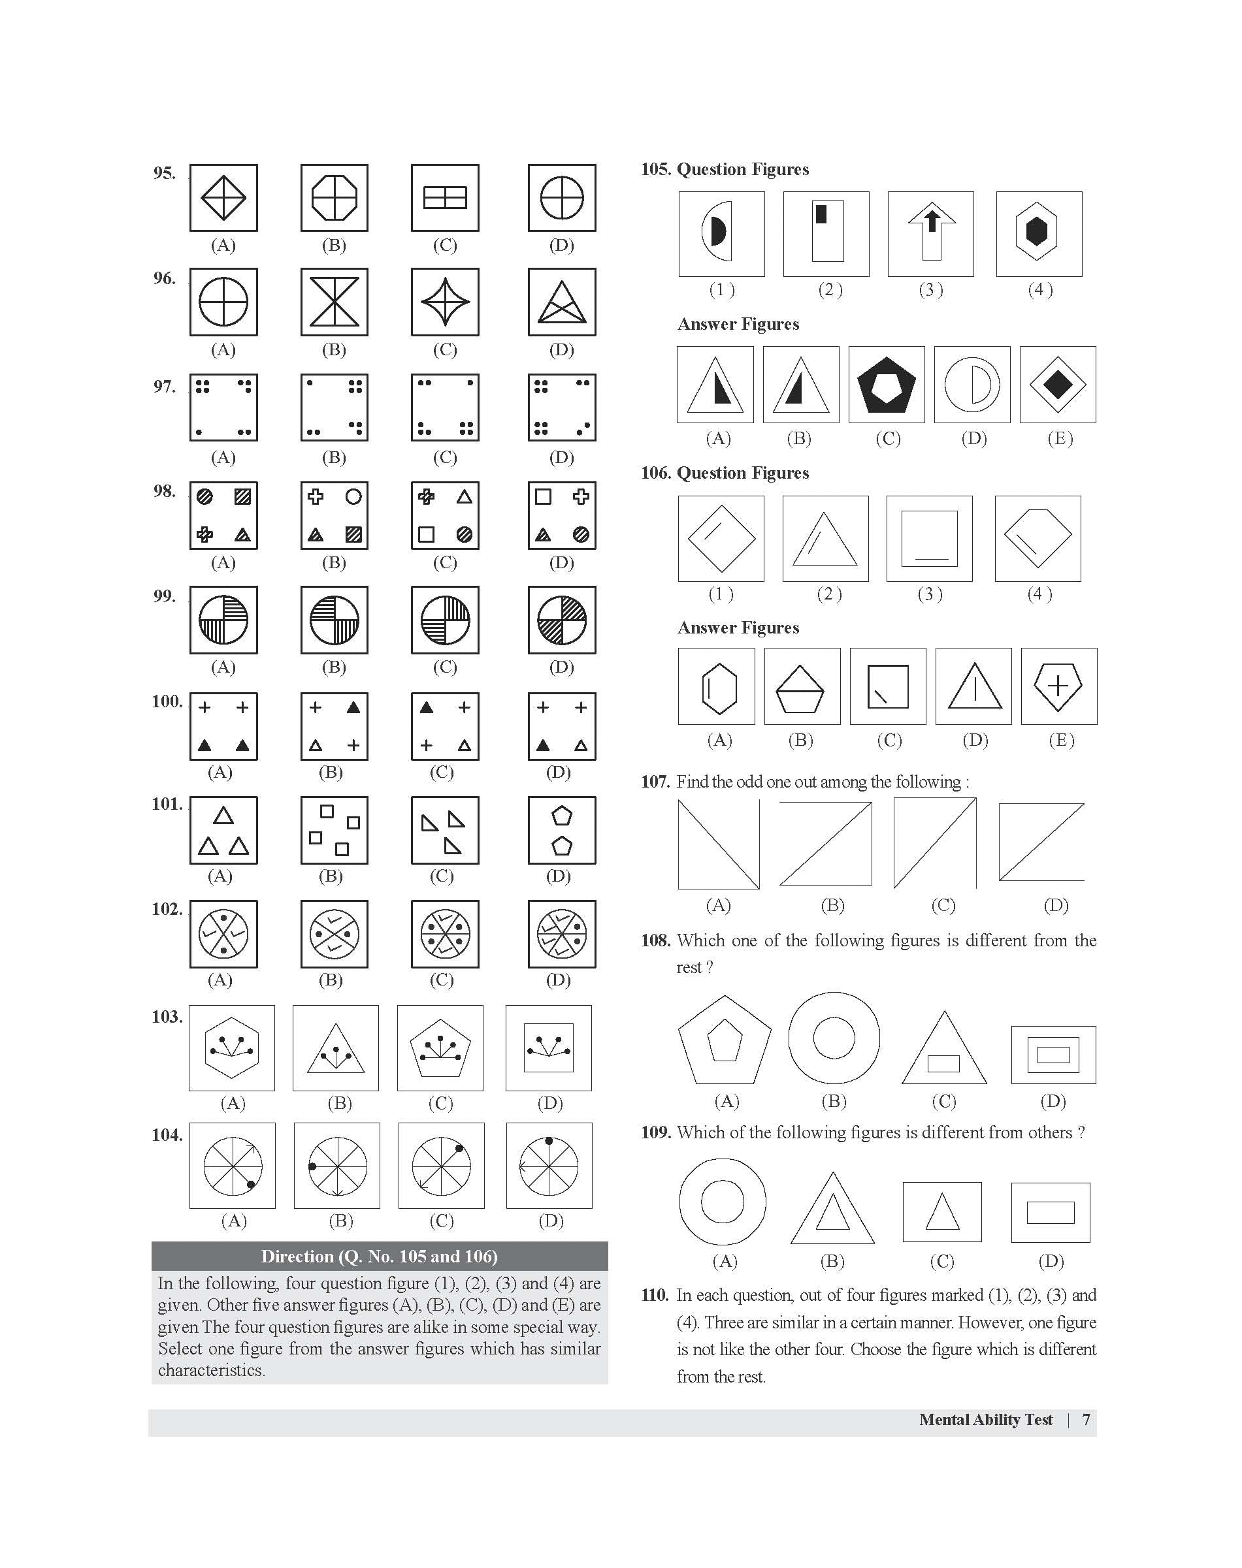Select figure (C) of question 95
(445, 198)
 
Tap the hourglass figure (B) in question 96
(335, 302)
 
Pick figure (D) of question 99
(562, 620)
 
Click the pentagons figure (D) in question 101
(562, 830)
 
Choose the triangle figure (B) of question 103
(336, 1048)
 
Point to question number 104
(167, 1135)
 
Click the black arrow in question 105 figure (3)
(932, 220)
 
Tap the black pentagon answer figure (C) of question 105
(887, 385)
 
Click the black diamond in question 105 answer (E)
(1058, 385)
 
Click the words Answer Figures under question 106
(738, 628)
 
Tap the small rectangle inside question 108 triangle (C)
(944, 1063)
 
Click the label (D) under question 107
(1056, 905)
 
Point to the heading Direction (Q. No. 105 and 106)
(379, 1256)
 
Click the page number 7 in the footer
(1087, 1420)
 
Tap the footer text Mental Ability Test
(985, 1420)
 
